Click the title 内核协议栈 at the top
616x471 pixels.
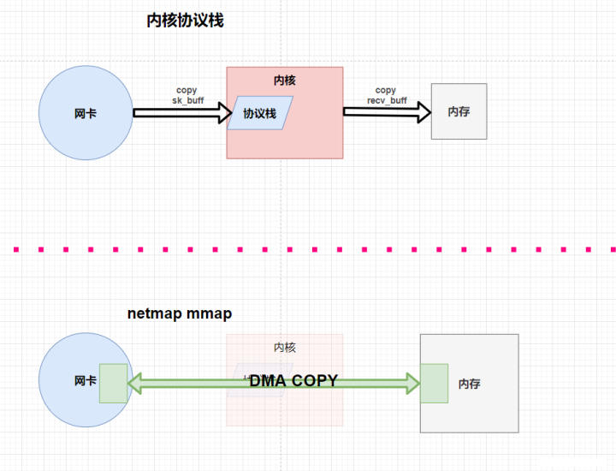tap(185, 21)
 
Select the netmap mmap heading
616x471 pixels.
tap(179, 314)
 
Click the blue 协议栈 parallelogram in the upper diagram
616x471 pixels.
tap(259, 113)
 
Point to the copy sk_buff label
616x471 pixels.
tap(187, 95)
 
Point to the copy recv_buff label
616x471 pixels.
tap(385, 95)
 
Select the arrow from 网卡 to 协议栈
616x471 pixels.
tap(181, 112)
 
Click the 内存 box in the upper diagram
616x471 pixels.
tap(459, 111)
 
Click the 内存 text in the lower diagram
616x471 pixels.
tap(469, 384)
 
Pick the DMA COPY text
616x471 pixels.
tap(293, 381)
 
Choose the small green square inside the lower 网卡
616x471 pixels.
tap(112, 383)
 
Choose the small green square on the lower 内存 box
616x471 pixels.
tap(434, 383)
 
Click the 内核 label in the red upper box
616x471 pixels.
tap(284, 80)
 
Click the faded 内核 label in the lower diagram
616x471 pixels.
tap(284, 347)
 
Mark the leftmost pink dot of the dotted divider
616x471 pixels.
tap(15, 249)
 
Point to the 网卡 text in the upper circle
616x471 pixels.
tap(86, 113)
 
